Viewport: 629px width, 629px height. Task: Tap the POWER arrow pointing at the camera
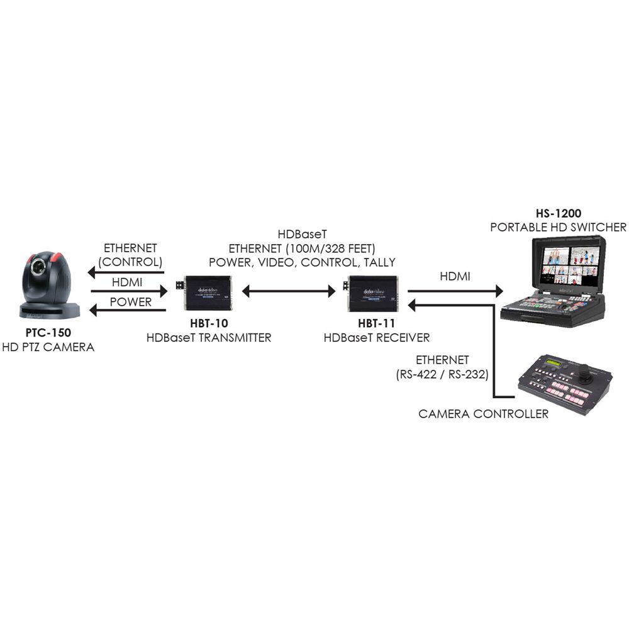[126, 310]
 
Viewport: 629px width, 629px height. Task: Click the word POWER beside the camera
[130, 302]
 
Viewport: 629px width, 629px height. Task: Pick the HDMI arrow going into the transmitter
[129, 291]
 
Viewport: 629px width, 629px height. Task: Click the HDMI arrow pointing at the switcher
[455, 291]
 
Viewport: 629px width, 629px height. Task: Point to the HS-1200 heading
[558, 213]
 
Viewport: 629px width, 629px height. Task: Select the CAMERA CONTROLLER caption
[483, 413]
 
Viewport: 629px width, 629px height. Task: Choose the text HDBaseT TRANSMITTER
[208, 338]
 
